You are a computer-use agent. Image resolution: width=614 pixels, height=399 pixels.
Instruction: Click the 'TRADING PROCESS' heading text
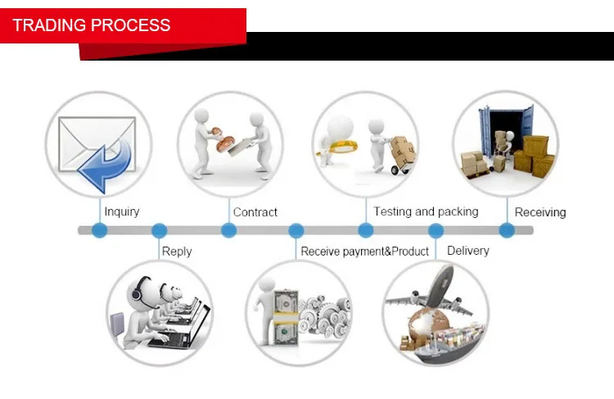92,25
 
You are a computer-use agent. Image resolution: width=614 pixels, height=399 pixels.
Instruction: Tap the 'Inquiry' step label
122,211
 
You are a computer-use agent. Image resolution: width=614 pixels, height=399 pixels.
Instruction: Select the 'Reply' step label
177,251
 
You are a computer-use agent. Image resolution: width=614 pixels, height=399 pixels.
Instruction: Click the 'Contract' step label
255,212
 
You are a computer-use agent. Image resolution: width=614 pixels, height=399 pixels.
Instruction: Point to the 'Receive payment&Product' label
364,251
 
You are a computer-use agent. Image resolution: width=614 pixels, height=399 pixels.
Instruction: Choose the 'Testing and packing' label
426,211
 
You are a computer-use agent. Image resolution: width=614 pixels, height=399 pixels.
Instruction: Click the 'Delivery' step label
468,250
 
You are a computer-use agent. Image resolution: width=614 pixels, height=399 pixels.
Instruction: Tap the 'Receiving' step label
540,212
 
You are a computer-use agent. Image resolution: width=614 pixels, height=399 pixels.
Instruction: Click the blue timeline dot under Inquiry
100,230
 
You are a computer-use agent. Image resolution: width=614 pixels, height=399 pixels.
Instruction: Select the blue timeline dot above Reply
160,230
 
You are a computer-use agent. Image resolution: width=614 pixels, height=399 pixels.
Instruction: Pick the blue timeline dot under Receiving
507,230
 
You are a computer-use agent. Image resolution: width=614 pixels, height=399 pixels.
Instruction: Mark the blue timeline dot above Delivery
436,230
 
